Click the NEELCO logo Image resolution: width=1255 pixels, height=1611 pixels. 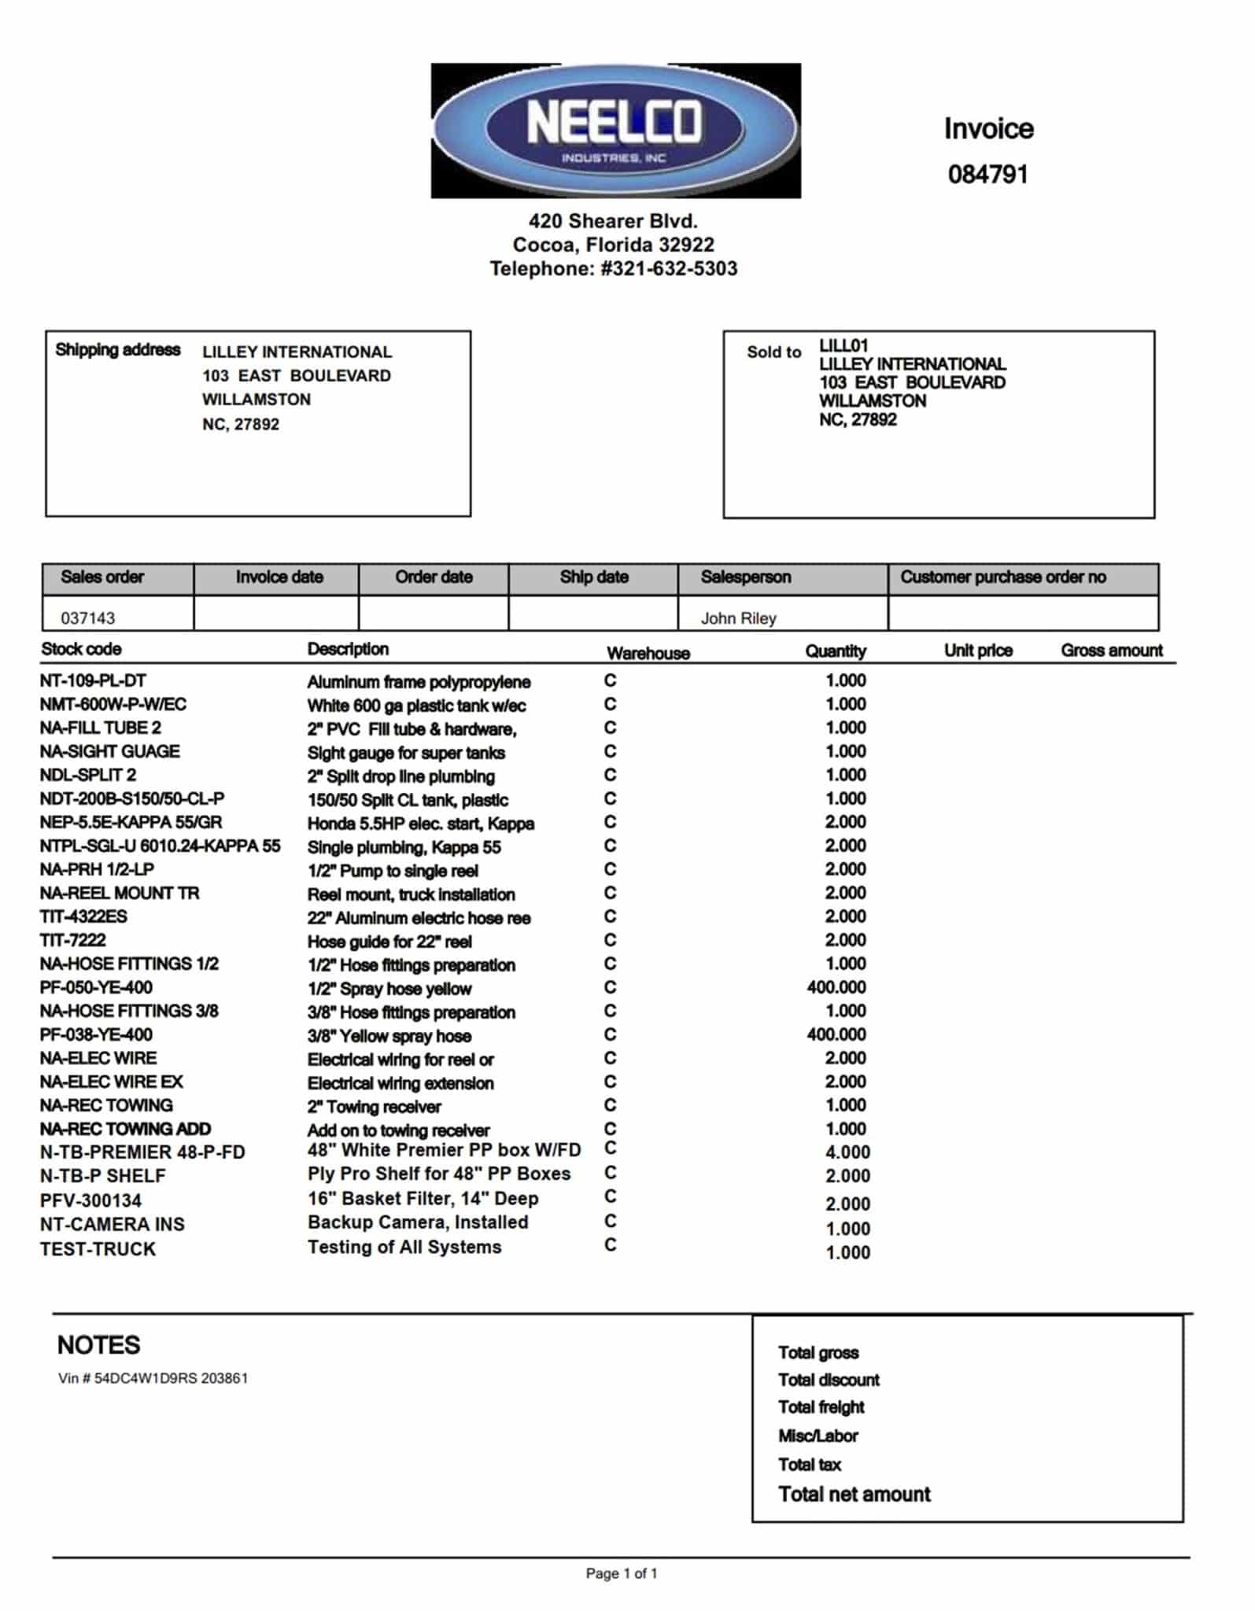(x=615, y=130)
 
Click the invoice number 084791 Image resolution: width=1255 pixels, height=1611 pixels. (x=987, y=174)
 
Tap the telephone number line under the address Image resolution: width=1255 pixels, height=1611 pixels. (x=613, y=269)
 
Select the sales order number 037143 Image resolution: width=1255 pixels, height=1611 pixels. (x=88, y=618)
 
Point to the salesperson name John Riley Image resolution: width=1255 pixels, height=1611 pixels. (x=738, y=618)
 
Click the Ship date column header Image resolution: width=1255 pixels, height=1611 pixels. (x=593, y=577)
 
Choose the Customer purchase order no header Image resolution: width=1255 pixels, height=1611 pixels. (x=1002, y=577)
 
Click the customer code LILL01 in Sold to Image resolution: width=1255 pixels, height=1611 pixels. (x=843, y=345)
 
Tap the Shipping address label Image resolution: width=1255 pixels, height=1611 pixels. (x=117, y=350)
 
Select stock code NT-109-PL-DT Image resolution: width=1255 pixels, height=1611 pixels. (x=93, y=680)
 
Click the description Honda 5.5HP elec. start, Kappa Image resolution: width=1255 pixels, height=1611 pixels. (x=420, y=824)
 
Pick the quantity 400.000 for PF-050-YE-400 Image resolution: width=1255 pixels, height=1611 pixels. (x=836, y=987)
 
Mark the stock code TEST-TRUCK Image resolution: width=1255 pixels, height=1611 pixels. (x=98, y=1249)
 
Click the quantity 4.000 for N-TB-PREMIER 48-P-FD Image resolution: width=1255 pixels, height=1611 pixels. (x=847, y=1152)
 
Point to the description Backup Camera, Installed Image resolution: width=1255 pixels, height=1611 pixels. (x=417, y=1222)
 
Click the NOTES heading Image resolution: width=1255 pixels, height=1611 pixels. (x=98, y=1345)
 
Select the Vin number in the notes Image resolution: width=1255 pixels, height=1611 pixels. (x=153, y=1378)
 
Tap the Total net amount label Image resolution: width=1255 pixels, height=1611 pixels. (x=854, y=1495)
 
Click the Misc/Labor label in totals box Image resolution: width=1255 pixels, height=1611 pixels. (x=818, y=1436)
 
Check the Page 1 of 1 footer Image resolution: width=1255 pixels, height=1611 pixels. (x=621, y=1573)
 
